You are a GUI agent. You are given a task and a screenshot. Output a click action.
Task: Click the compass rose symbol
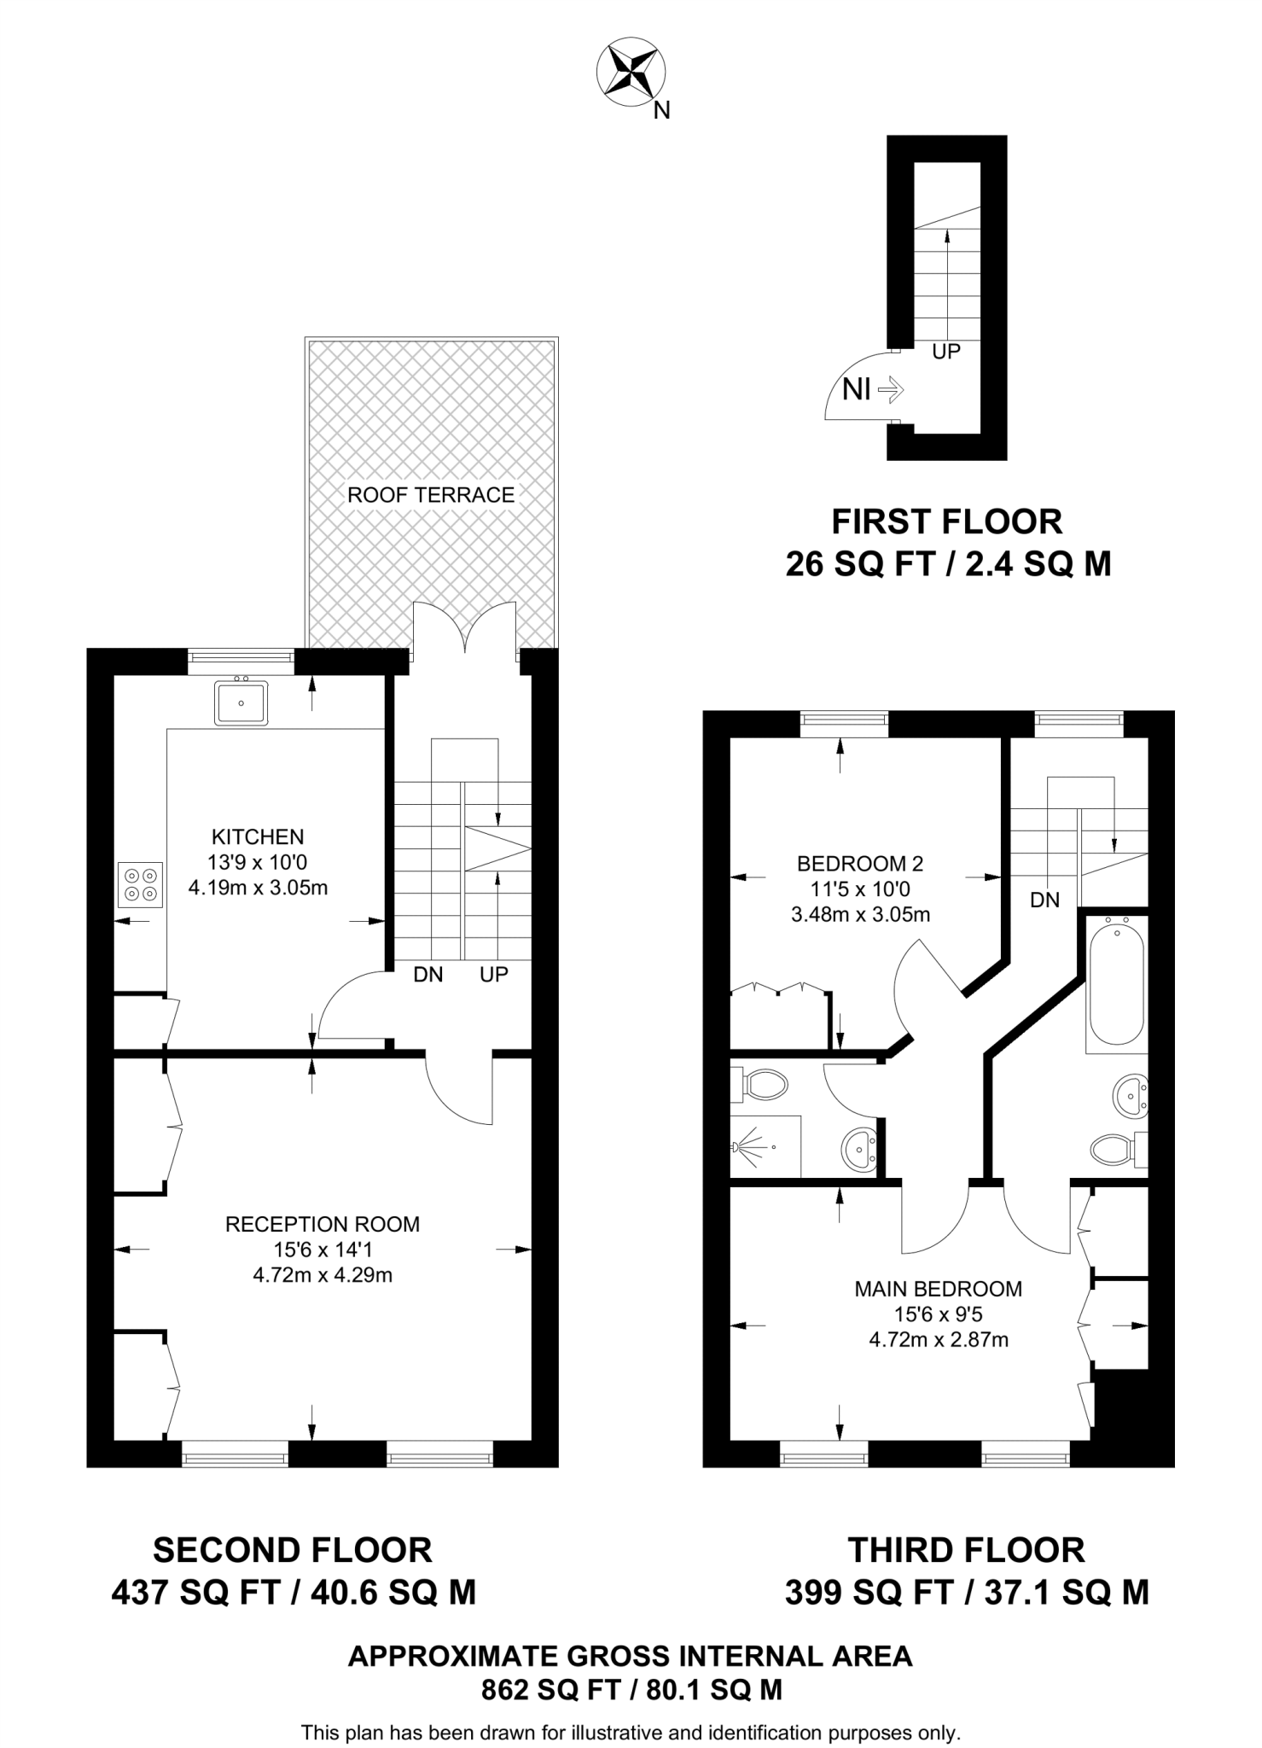[x=631, y=73]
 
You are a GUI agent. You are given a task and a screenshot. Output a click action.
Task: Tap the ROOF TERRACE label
[x=431, y=495]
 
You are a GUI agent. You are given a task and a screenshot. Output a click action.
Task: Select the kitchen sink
[x=241, y=703]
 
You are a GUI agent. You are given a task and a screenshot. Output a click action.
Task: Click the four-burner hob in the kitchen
[x=140, y=884]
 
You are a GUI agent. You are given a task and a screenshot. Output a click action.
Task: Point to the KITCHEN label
[x=258, y=836]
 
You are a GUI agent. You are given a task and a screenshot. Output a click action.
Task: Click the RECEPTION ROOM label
[x=323, y=1224]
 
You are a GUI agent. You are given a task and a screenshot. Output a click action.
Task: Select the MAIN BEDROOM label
[x=939, y=1289]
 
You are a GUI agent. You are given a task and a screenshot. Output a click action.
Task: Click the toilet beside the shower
[x=765, y=1086]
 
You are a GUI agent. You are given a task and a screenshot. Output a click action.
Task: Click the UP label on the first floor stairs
[x=946, y=351]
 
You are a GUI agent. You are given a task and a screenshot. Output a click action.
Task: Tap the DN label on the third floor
[x=1045, y=899]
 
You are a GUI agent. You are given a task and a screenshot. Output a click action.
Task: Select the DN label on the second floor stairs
[x=428, y=974]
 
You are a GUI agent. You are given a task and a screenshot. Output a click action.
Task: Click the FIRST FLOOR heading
[x=947, y=521]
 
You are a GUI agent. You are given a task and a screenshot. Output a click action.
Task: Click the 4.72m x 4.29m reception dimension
[x=323, y=1276]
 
